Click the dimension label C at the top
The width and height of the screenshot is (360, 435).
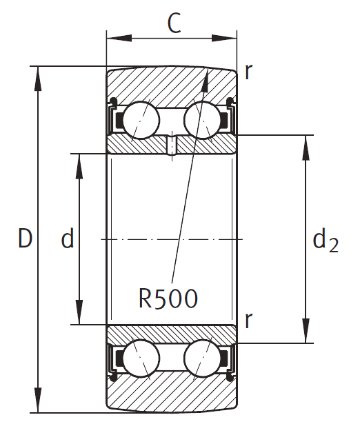(174, 23)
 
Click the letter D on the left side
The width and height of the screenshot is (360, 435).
(26, 239)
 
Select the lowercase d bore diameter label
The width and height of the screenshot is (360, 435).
(68, 239)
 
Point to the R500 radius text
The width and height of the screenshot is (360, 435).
(168, 298)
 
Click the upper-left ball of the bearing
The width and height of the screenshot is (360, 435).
(142, 119)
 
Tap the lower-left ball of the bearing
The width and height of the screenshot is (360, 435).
(142, 358)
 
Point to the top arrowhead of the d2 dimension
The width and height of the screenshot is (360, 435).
(306, 143)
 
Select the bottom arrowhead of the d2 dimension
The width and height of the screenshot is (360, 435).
(306, 334)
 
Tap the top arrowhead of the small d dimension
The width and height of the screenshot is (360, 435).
(79, 161)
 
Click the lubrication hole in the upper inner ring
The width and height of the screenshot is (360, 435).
(172, 144)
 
